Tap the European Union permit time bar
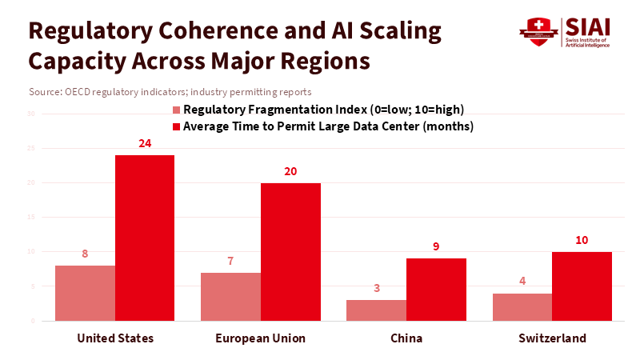click(x=290, y=252)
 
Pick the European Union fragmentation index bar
click(x=230, y=297)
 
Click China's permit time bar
click(x=436, y=290)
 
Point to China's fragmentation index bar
click(x=376, y=310)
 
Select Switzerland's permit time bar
click(x=582, y=286)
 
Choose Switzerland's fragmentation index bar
click(x=522, y=307)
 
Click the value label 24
click(x=145, y=144)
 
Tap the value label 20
click(x=290, y=172)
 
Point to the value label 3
click(x=376, y=289)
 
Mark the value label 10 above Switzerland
click(x=582, y=241)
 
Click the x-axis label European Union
click(x=261, y=338)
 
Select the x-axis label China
click(x=406, y=338)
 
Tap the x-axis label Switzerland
click(x=551, y=338)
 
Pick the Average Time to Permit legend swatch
click(x=177, y=126)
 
